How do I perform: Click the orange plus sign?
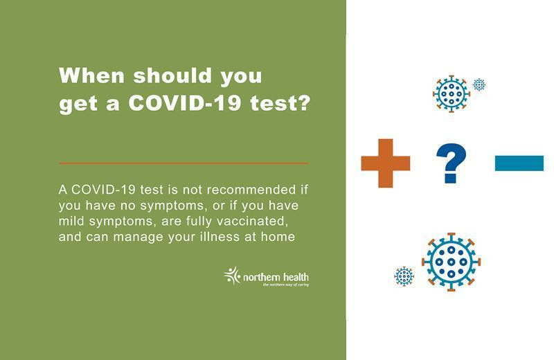pos(386,163)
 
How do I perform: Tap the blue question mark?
pos(451,163)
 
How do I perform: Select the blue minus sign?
pos(519,163)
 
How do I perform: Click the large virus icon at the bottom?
pos(452,262)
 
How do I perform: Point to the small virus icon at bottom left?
pos(404,276)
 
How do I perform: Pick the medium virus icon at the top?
pos(452,93)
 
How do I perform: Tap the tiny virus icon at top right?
pos(479,84)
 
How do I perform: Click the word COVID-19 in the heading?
pos(185,102)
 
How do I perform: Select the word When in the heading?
pos(92,75)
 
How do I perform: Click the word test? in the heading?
pos(280,102)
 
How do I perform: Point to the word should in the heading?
pos(172,75)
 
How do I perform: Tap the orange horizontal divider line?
pos(184,163)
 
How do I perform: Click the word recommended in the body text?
pos(251,190)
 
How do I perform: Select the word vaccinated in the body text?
pos(251,221)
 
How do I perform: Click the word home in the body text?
pos(278,236)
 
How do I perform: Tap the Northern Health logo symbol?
pos(232,276)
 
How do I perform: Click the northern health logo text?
pos(276,277)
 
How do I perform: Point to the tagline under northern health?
pos(286,285)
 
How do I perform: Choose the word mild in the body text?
pos(72,221)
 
